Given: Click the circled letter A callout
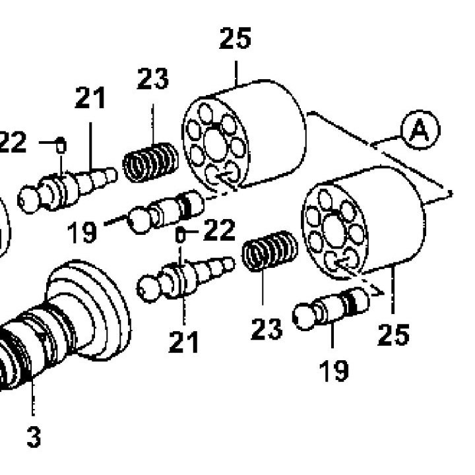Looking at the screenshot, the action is pyautogui.click(x=420, y=130).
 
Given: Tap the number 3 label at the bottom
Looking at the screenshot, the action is pyautogui.click(x=34, y=437).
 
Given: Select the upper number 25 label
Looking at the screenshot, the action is pyautogui.click(x=235, y=38).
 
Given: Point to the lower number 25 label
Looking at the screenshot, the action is pyautogui.click(x=393, y=334).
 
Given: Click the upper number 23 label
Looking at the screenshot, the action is pyautogui.click(x=152, y=79).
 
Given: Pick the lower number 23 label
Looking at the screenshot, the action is pyautogui.click(x=267, y=329).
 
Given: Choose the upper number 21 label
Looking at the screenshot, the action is pyautogui.click(x=90, y=98).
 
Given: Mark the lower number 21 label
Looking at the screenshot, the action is pyautogui.click(x=183, y=342).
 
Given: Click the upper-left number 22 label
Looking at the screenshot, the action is pyautogui.click(x=13, y=142).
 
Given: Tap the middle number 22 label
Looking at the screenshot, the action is pyautogui.click(x=219, y=230).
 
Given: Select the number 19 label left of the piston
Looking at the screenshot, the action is pyautogui.click(x=82, y=232).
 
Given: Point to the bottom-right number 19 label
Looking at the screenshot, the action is pyautogui.click(x=334, y=371).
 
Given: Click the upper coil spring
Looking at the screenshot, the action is pyautogui.click(x=150, y=162).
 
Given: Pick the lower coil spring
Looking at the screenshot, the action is pyautogui.click(x=270, y=251).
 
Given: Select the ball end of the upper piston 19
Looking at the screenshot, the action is pyautogui.click(x=139, y=220).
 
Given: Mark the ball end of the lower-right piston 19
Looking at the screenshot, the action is pyautogui.click(x=304, y=317).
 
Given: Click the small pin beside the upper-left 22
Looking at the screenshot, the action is pyautogui.click(x=61, y=145).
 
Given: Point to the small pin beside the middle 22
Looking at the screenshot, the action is pyautogui.click(x=180, y=235).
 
